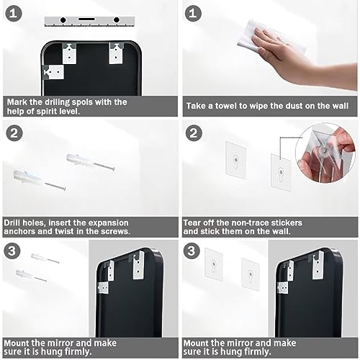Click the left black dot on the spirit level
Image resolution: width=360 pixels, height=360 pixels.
(63, 20)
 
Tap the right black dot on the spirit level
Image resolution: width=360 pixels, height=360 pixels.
(117, 20)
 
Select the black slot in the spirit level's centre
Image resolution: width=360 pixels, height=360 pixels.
(86, 19)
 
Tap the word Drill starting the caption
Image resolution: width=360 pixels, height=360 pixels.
(12, 222)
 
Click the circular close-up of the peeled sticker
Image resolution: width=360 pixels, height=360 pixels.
(325, 153)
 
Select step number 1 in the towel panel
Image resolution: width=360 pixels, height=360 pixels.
(193, 14)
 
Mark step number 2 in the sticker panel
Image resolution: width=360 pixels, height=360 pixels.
(194, 133)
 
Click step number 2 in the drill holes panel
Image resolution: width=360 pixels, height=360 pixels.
(14, 133)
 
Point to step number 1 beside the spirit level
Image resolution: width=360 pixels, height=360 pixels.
(14, 14)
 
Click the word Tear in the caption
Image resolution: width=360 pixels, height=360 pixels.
(192, 222)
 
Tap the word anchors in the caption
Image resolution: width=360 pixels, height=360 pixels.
(19, 231)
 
